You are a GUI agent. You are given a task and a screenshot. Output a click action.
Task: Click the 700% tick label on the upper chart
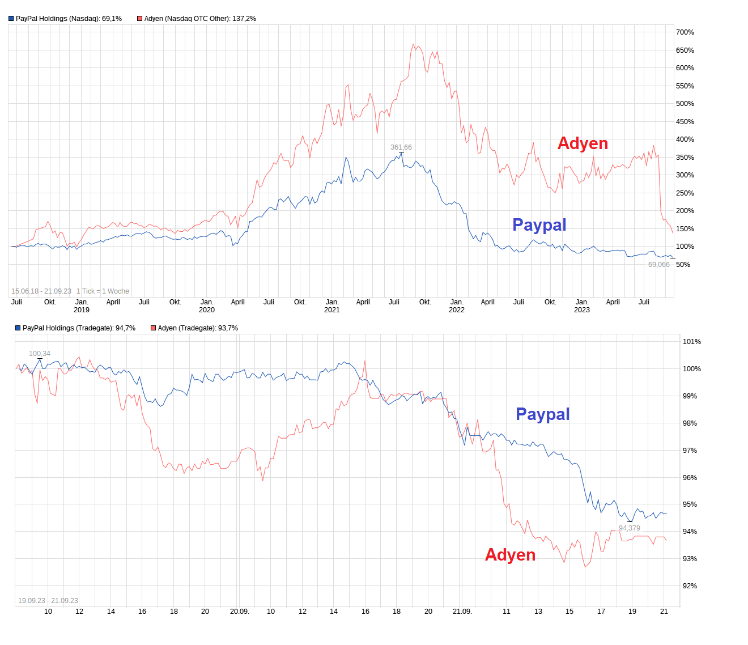685,32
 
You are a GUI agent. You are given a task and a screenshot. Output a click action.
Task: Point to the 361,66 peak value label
401,147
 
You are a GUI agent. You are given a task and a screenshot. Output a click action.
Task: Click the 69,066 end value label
658,265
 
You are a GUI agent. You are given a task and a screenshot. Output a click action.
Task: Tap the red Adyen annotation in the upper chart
583,143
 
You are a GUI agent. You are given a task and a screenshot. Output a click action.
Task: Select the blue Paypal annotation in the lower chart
542,414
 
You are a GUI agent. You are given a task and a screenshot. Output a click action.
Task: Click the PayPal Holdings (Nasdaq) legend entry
65,19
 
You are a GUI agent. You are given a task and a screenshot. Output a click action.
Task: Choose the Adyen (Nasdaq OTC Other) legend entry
197,19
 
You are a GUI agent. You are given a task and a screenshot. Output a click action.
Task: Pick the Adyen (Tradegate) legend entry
194,328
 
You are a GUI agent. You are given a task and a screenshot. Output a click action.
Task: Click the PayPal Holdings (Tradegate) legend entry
75,328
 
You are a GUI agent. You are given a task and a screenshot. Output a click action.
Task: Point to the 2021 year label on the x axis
331,310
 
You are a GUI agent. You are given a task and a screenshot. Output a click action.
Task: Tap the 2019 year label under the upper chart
82,310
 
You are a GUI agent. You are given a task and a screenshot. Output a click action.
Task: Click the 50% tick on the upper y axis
683,265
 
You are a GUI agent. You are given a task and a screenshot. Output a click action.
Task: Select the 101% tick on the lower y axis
691,342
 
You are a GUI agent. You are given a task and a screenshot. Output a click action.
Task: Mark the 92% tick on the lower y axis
690,586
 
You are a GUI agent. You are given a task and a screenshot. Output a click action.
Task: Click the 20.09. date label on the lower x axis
239,612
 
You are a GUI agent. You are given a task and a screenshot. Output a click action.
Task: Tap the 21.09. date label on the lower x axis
462,612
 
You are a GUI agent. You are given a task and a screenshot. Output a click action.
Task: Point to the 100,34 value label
40,354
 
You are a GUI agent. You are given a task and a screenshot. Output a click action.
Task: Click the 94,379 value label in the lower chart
629,528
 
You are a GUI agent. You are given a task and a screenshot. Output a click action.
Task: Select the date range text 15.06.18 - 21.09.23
41,291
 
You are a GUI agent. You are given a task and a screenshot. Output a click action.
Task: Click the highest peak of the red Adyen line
414,44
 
